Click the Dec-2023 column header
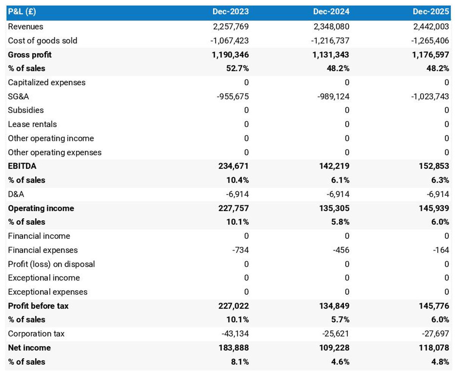coord(230,12)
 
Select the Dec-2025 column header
coord(431,12)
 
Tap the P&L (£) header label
coord(22,12)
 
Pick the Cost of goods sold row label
coord(42,41)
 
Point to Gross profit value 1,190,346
coord(230,55)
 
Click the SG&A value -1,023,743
coord(430,96)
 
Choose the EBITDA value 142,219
coord(334,166)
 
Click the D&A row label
coord(16,194)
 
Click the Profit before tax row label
coord(38,306)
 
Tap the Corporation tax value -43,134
coord(235,334)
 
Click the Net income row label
coord(29,348)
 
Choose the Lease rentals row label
coord(32,124)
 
